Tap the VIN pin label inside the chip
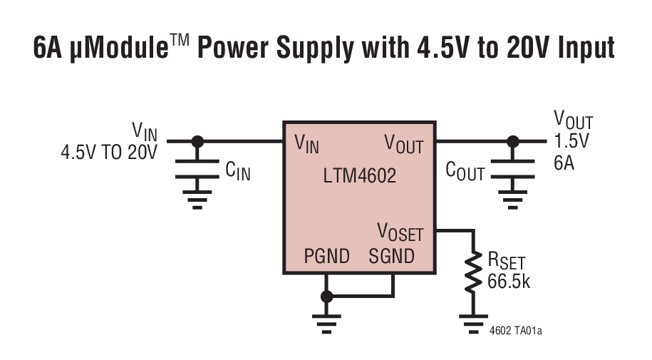pyautogui.click(x=307, y=144)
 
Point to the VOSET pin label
pyautogui.click(x=400, y=233)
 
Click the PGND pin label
pyautogui.click(x=326, y=256)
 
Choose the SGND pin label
pyautogui.click(x=391, y=256)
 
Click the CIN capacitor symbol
pyautogui.click(x=198, y=166)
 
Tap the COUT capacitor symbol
pyautogui.click(x=511, y=166)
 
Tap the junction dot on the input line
pyautogui.click(x=198, y=141)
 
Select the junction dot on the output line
pyautogui.click(x=511, y=141)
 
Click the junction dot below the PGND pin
pyautogui.click(x=326, y=296)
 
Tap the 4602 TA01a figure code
pyautogui.click(x=520, y=331)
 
